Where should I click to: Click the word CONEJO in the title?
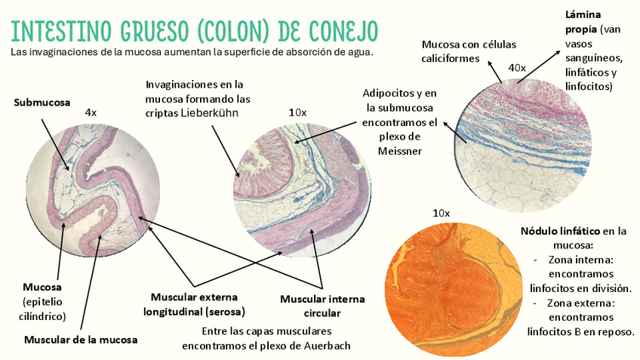(339, 31)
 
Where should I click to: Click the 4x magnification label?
(91, 112)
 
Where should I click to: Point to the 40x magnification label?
(517, 68)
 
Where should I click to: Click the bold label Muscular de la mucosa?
(81, 339)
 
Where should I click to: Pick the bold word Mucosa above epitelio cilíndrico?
(42, 288)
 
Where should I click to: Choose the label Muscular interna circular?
(321, 306)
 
